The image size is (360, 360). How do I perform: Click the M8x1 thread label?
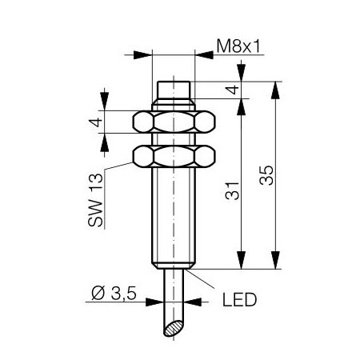[238, 46]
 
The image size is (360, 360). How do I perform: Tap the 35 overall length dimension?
[266, 175]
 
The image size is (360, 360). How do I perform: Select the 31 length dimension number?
[232, 190]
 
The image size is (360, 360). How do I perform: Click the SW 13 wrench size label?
[95, 200]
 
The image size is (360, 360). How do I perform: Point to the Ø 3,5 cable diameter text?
[114, 293]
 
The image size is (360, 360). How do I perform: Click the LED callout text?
[239, 300]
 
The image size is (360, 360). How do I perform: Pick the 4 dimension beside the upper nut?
[96, 122]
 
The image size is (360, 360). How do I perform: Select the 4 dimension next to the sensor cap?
[233, 90]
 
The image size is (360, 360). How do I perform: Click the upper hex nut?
[174, 122]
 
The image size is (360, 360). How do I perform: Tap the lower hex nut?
[174, 156]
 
